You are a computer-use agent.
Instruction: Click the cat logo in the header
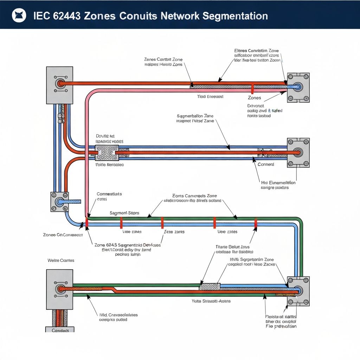pyautogui.click(x=19, y=16)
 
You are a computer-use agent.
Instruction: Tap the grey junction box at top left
pyautogui.click(x=60, y=85)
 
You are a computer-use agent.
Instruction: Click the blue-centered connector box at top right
pyautogui.click(x=298, y=87)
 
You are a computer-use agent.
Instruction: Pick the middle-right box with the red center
pyautogui.click(x=298, y=153)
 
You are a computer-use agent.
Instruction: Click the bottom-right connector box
pyautogui.click(x=298, y=291)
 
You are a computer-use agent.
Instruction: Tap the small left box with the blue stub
pyautogui.click(x=59, y=202)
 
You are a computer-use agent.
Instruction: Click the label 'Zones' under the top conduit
pyautogui.click(x=254, y=98)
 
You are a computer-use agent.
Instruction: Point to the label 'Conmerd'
pyautogui.click(x=266, y=164)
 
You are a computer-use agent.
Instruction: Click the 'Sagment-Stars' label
pyautogui.click(x=124, y=213)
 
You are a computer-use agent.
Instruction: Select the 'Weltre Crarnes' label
pyautogui.click(x=61, y=261)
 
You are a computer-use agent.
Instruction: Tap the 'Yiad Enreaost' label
pyautogui.click(x=210, y=96)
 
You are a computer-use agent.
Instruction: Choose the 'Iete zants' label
pyautogui.click(x=174, y=232)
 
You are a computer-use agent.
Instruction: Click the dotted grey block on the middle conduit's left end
pyautogui.click(x=107, y=153)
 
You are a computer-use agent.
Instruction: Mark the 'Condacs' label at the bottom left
pyautogui.click(x=60, y=330)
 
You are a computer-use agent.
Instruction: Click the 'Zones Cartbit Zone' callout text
pyautogui.click(x=163, y=60)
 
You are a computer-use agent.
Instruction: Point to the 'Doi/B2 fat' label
pyautogui.click(x=105, y=136)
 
